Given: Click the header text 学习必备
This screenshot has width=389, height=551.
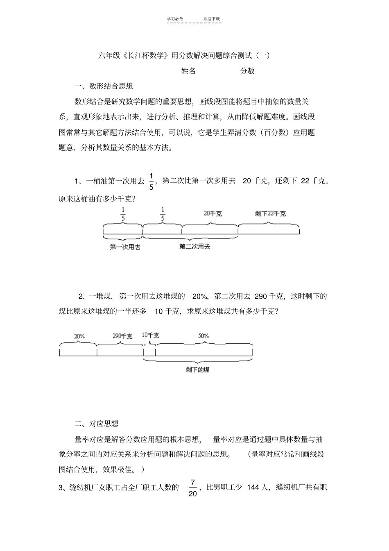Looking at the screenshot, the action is click(x=175, y=19).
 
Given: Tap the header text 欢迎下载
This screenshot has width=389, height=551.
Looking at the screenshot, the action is click(x=212, y=19).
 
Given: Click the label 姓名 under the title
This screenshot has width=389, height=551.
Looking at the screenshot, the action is click(x=188, y=71).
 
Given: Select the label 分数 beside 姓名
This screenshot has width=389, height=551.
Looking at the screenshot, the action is click(x=247, y=71).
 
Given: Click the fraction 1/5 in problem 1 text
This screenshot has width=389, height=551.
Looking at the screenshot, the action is click(x=151, y=181).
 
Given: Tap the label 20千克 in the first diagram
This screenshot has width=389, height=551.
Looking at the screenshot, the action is click(x=213, y=213).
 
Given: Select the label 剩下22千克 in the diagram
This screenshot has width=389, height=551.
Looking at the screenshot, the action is click(x=270, y=213).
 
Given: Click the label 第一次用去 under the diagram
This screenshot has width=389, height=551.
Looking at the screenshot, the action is click(x=125, y=247).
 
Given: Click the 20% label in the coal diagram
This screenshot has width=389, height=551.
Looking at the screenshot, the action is click(x=79, y=336).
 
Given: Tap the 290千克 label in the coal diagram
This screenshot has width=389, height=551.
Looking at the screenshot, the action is click(x=122, y=336).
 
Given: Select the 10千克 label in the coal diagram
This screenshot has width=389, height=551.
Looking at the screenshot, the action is click(x=150, y=335).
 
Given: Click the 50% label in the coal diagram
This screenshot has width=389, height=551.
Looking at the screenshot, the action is click(x=204, y=336).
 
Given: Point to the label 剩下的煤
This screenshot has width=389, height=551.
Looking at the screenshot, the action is click(x=197, y=370).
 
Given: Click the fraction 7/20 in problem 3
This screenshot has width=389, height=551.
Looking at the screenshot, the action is click(x=193, y=488).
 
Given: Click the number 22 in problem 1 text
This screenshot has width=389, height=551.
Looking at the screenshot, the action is click(x=305, y=181).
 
